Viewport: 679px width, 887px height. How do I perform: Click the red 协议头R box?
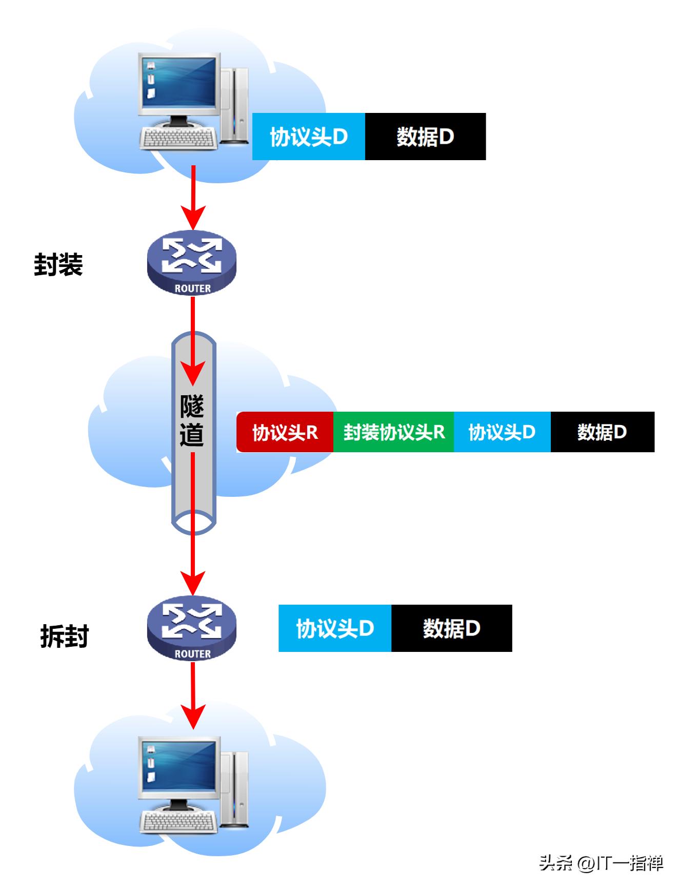tap(285, 432)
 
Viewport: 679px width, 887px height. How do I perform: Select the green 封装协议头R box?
tap(393, 432)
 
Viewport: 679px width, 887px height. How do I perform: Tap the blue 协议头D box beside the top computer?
tap(309, 137)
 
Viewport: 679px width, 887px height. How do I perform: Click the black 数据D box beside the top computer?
tap(425, 137)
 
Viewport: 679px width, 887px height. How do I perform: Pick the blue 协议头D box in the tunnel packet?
tap(502, 432)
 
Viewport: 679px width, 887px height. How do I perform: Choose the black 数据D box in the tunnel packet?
tap(602, 432)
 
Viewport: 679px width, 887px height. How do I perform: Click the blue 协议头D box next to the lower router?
tap(335, 628)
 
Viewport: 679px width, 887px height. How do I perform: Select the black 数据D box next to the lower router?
tap(451, 628)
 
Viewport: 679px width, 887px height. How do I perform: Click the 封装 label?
tap(58, 265)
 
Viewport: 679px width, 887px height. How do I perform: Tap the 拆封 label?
tap(65, 637)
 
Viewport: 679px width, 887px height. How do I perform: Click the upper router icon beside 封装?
tap(192, 262)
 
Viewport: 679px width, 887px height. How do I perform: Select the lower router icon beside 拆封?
tap(192, 627)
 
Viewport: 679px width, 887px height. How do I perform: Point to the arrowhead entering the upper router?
tap(193, 219)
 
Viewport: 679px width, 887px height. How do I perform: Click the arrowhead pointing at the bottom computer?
tap(193, 717)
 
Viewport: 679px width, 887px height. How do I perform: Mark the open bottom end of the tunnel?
tap(193, 523)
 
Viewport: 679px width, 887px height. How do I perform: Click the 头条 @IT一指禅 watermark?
tap(601, 863)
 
